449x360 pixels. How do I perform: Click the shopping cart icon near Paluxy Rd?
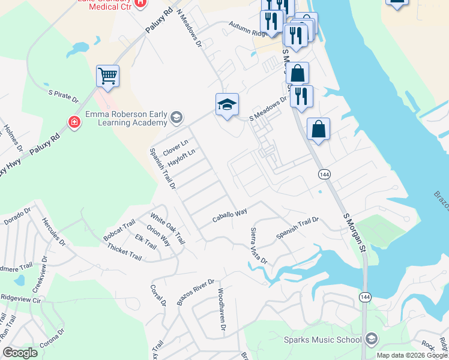pyautogui.click(x=108, y=76)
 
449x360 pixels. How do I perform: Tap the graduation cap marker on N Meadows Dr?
pyautogui.click(x=228, y=104)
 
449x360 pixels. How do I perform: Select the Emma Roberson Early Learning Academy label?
pyautogui.click(x=125, y=118)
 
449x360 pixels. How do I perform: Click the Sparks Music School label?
pyautogui.click(x=324, y=340)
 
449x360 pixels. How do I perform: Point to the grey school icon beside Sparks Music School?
pyautogui.click(x=370, y=340)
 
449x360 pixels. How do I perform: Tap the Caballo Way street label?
pyautogui.click(x=230, y=217)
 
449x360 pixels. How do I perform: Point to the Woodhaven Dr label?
pyautogui.click(x=221, y=310)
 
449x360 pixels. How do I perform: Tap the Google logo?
pyautogui.click(x=20, y=353)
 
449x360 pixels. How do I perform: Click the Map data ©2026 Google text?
pyautogui.click(x=411, y=355)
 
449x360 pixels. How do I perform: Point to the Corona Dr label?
pyautogui.click(x=52, y=340)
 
